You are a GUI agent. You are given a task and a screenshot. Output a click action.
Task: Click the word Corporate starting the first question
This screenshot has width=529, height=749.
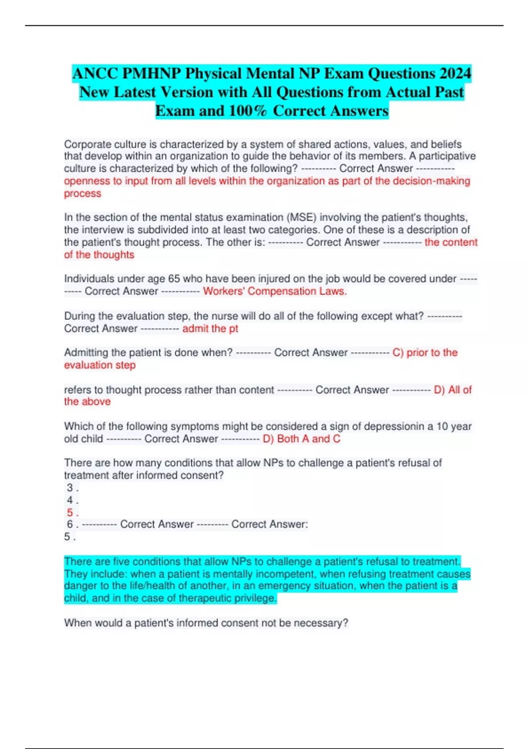[88, 144]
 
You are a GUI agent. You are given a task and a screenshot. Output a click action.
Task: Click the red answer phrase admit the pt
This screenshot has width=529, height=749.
[210, 329]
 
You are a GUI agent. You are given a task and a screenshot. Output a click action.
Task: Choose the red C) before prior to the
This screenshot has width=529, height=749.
[398, 352]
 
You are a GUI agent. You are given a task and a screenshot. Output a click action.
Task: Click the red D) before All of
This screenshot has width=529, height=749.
[440, 390]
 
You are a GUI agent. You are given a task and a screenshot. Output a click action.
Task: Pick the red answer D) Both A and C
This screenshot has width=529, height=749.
[302, 439]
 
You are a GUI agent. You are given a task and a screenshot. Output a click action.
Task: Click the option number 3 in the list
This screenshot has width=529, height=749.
[70, 488]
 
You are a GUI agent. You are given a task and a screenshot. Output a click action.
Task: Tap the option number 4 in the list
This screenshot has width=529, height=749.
[70, 500]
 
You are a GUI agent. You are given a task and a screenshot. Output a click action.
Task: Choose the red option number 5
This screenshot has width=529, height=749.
[70, 512]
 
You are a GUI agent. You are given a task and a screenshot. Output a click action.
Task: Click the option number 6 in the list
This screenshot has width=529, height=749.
[70, 524]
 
